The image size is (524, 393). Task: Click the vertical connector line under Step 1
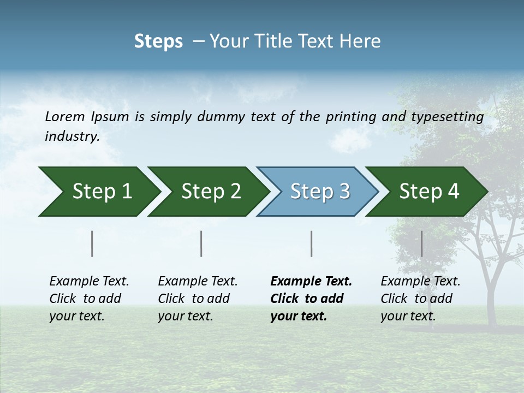click(92, 243)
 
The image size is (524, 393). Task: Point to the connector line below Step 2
click(201, 243)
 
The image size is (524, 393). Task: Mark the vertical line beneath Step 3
click(311, 243)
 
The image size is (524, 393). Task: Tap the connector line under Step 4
click(421, 243)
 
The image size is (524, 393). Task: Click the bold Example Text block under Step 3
click(311, 299)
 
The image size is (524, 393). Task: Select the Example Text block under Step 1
click(89, 299)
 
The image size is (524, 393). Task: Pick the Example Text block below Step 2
click(198, 299)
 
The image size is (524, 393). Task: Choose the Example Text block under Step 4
click(420, 299)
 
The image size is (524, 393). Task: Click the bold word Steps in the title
click(158, 41)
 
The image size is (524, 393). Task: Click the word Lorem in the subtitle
click(65, 116)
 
